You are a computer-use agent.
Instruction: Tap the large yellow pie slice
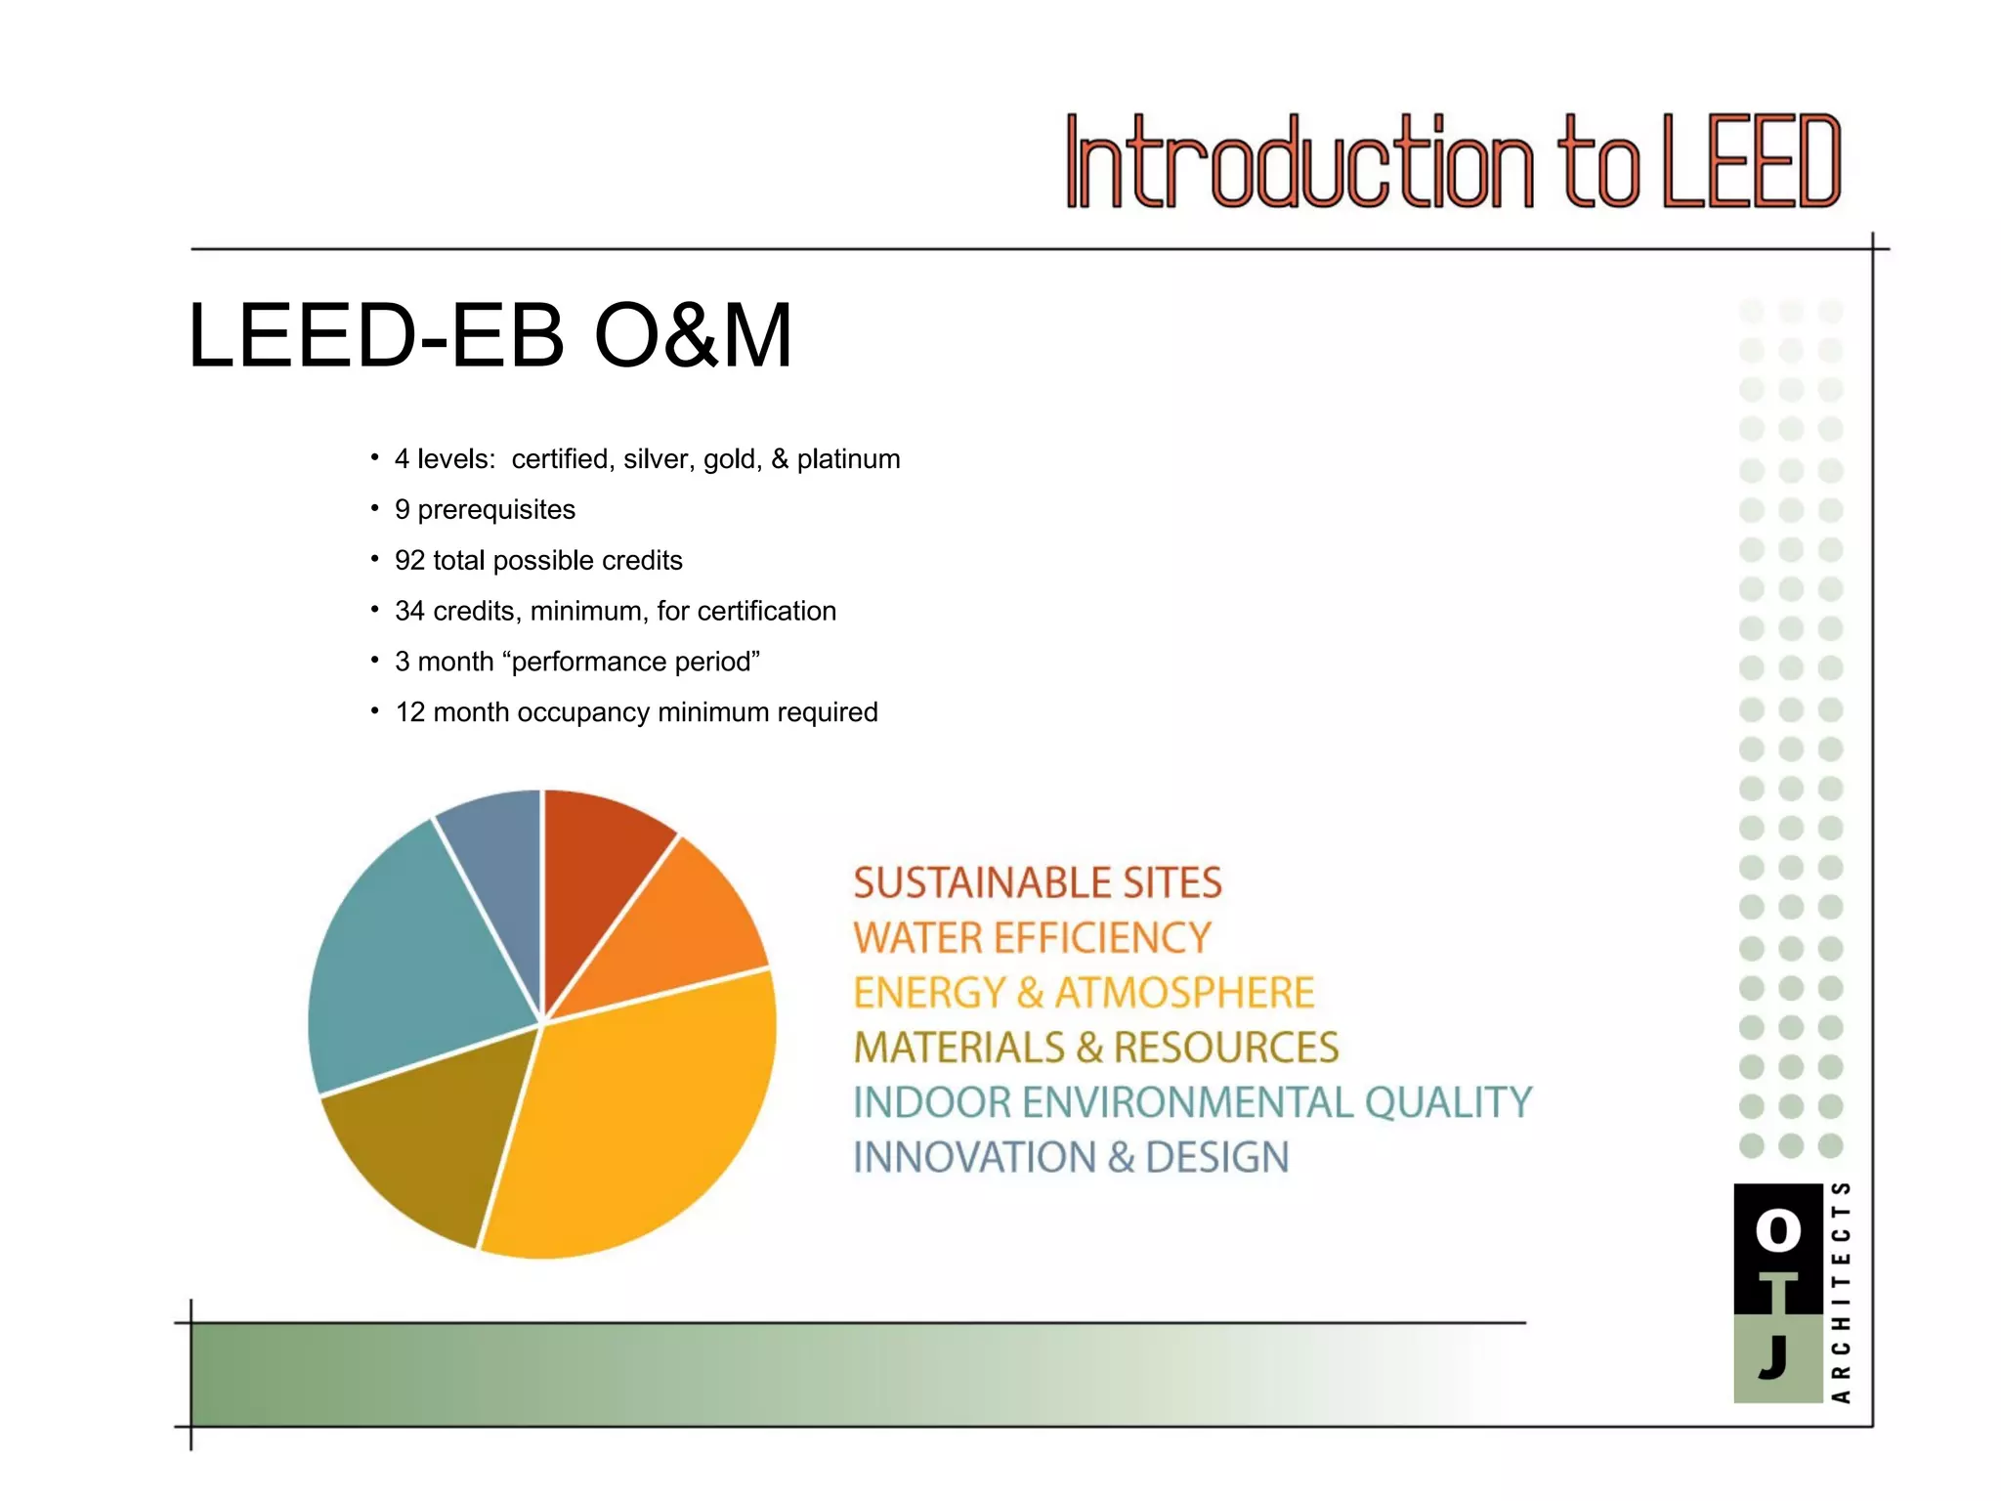(635, 1124)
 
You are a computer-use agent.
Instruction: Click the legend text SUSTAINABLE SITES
(1037, 882)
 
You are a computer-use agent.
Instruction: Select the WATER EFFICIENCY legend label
(1032, 938)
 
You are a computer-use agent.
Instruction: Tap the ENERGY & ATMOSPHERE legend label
(1083, 993)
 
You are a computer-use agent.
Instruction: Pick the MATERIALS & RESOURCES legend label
(1095, 1048)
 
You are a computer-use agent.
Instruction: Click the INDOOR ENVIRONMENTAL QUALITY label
(1192, 1102)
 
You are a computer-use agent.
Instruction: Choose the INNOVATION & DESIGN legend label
(1071, 1158)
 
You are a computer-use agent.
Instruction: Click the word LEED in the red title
(1751, 162)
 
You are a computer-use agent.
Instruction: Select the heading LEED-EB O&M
(490, 335)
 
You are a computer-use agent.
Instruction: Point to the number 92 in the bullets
(409, 561)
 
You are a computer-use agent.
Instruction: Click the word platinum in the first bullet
(848, 459)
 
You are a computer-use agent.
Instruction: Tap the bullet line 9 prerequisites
(485, 510)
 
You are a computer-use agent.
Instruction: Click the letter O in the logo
(1777, 1230)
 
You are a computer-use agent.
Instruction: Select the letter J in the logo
(1773, 1356)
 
